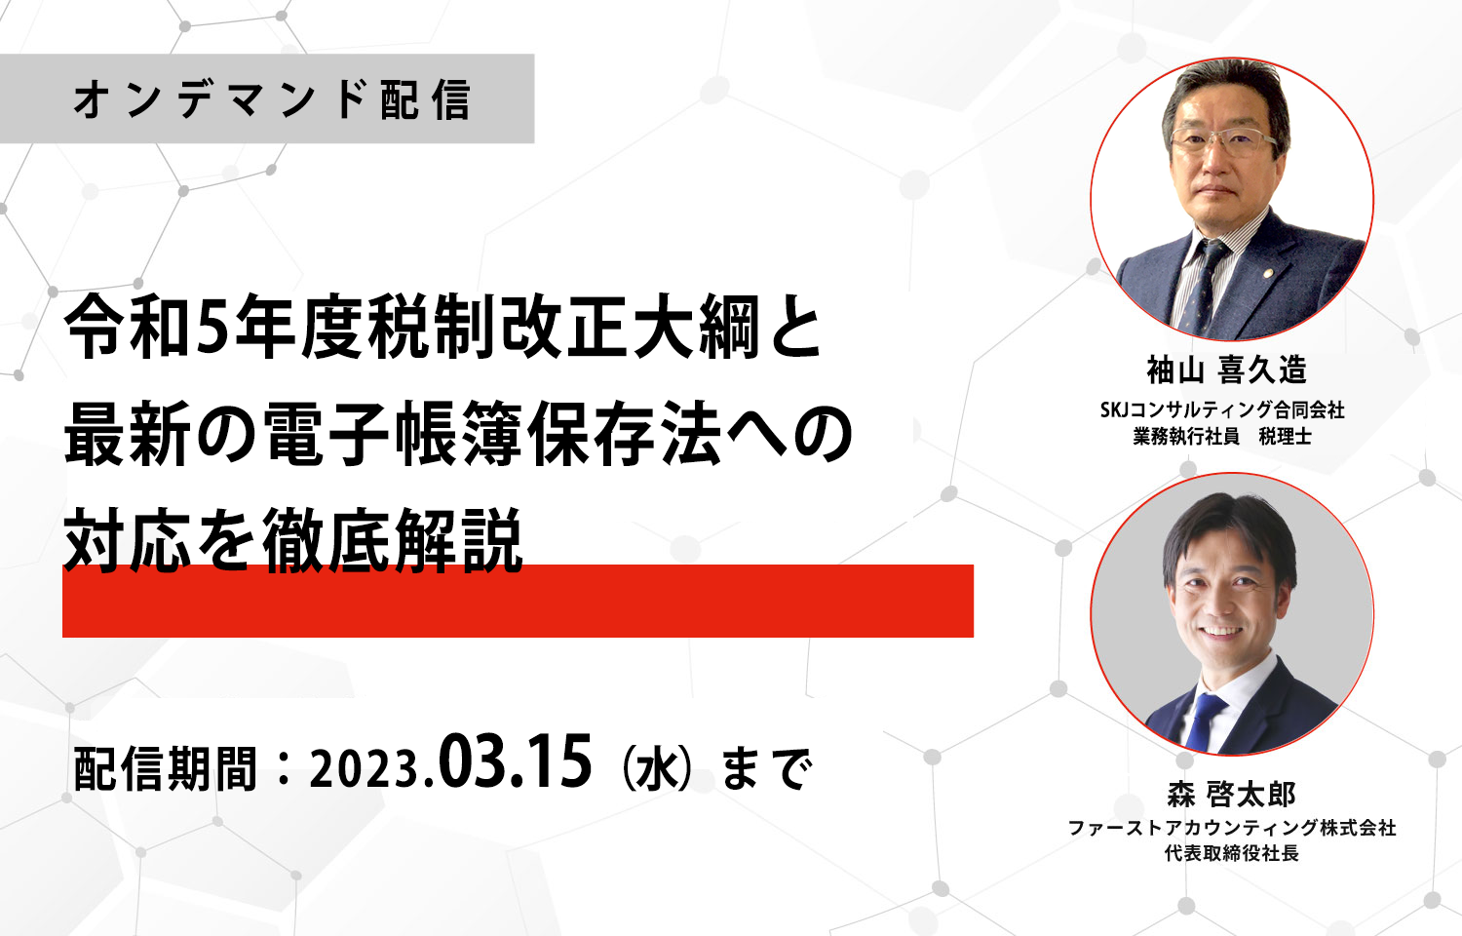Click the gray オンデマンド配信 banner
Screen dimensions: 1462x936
pos(267,98)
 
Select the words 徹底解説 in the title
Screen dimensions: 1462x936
pos(392,540)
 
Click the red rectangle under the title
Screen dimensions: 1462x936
pos(518,601)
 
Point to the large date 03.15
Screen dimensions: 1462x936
pos(515,761)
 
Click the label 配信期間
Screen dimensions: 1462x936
pos(165,769)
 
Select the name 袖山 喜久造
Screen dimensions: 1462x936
pos(1227,370)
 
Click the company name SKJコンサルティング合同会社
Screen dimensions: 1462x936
pos(1222,409)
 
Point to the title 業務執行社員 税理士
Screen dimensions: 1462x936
pos(1222,436)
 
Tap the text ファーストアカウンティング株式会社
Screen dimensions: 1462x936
pos(1232,828)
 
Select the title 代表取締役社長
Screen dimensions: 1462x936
pos(1232,853)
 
